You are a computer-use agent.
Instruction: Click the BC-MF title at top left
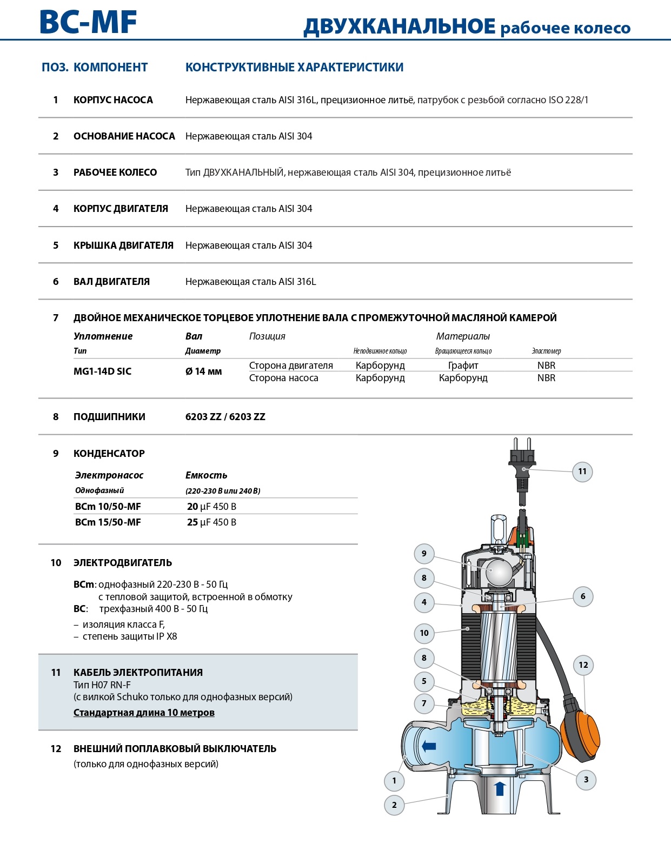[x=88, y=23]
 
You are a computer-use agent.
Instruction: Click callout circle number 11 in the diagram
[x=582, y=472]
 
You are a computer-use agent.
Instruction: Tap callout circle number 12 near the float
[x=583, y=665]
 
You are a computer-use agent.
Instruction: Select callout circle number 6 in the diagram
[x=582, y=596]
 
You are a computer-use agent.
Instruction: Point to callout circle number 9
[x=424, y=553]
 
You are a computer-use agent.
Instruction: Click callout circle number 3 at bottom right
[x=586, y=780]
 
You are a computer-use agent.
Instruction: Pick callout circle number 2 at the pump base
[x=394, y=805]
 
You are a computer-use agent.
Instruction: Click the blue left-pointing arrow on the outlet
[x=429, y=747]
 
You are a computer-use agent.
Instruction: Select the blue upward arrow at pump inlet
[x=500, y=788]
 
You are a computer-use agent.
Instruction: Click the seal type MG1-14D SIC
[x=102, y=371]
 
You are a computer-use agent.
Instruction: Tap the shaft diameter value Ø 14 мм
[x=203, y=371]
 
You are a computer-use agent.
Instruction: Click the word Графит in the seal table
[x=463, y=366]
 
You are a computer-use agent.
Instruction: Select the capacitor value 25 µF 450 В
[x=211, y=522]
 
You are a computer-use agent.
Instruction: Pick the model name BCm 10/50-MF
[x=108, y=507]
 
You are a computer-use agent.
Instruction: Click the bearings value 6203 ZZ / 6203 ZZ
[x=225, y=417]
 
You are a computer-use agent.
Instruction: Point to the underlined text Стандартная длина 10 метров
[x=144, y=713]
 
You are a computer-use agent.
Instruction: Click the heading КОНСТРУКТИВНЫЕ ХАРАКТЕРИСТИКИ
[x=294, y=68]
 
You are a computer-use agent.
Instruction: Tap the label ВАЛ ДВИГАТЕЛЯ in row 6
[x=111, y=282]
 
